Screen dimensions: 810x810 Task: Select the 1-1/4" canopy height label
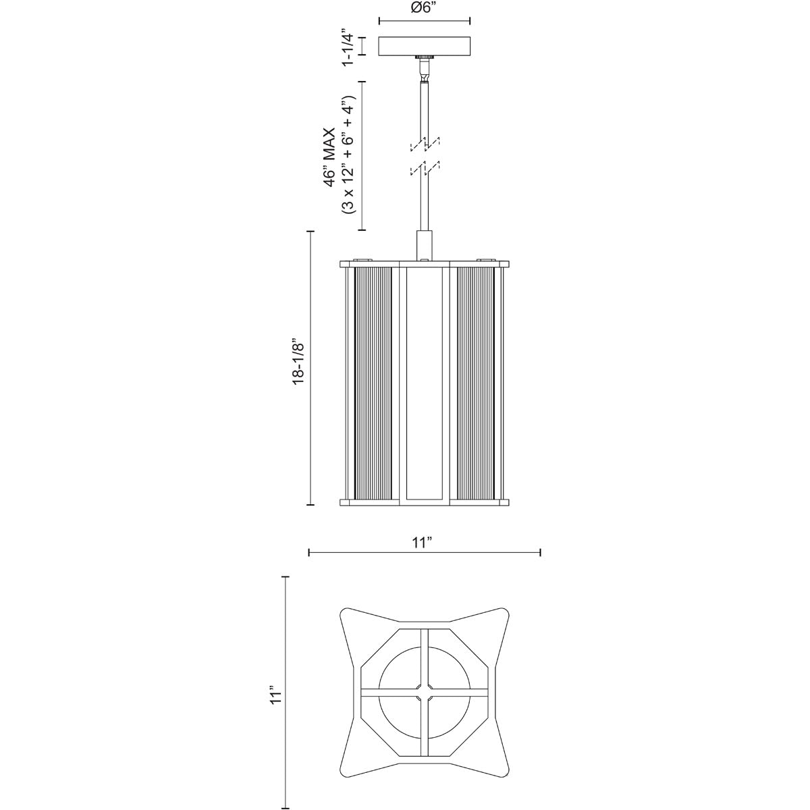pyautogui.click(x=348, y=47)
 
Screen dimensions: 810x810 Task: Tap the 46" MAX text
pyautogui.click(x=329, y=155)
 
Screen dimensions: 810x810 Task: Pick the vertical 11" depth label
pyautogui.click(x=273, y=696)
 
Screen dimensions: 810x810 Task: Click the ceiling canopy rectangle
pyautogui.click(x=424, y=46)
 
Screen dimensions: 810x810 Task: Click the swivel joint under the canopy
pyautogui.click(x=424, y=67)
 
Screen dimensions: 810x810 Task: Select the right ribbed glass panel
pyautogui.click(x=475, y=382)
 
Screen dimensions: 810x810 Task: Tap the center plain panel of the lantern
pyautogui.click(x=425, y=382)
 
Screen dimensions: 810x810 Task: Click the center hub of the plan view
pyautogui.click(x=425, y=693)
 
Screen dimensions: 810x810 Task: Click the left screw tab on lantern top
pyautogui.click(x=363, y=259)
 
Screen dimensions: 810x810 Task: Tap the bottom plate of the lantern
pyautogui.click(x=425, y=502)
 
